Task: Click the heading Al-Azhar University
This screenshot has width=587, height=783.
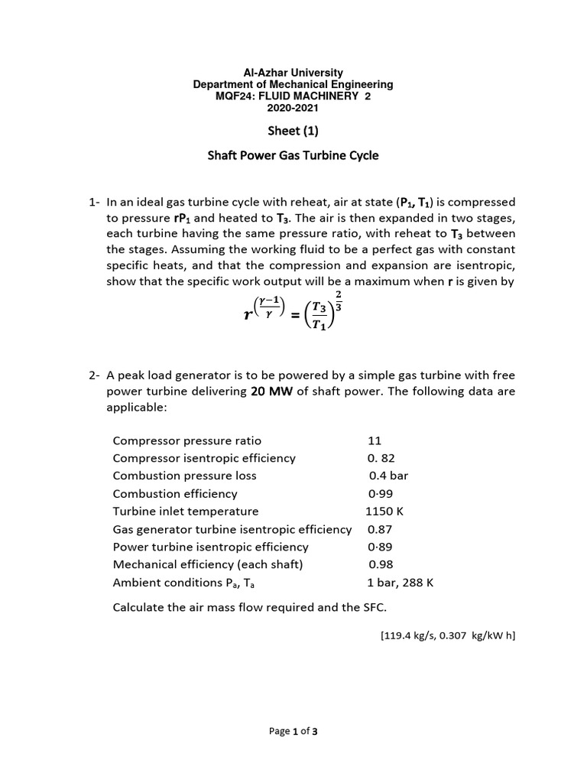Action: pyautogui.click(x=293, y=73)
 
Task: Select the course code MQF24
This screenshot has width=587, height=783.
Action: pyautogui.click(x=234, y=96)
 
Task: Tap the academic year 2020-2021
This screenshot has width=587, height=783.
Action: pyautogui.click(x=293, y=108)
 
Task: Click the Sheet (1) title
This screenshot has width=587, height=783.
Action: pyautogui.click(x=293, y=131)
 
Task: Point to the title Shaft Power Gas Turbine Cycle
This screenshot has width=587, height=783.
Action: pyautogui.click(x=293, y=156)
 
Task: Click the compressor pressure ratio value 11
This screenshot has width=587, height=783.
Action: pyautogui.click(x=374, y=440)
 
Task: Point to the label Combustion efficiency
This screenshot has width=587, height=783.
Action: pyautogui.click(x=175, y=493)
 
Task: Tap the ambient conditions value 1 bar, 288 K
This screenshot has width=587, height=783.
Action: pyautogui.click(x=401, y=582)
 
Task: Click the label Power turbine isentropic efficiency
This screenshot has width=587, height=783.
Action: pyautogui.click(x=210, y=547)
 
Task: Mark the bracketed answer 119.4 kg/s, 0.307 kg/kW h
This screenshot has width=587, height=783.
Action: pyautogui.click(x=447, y=635)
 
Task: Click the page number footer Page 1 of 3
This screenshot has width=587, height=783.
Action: pyautogui.click(x=293, y=731)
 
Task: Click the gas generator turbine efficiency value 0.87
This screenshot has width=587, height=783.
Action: pyautogui.click(x=381, y=529)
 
